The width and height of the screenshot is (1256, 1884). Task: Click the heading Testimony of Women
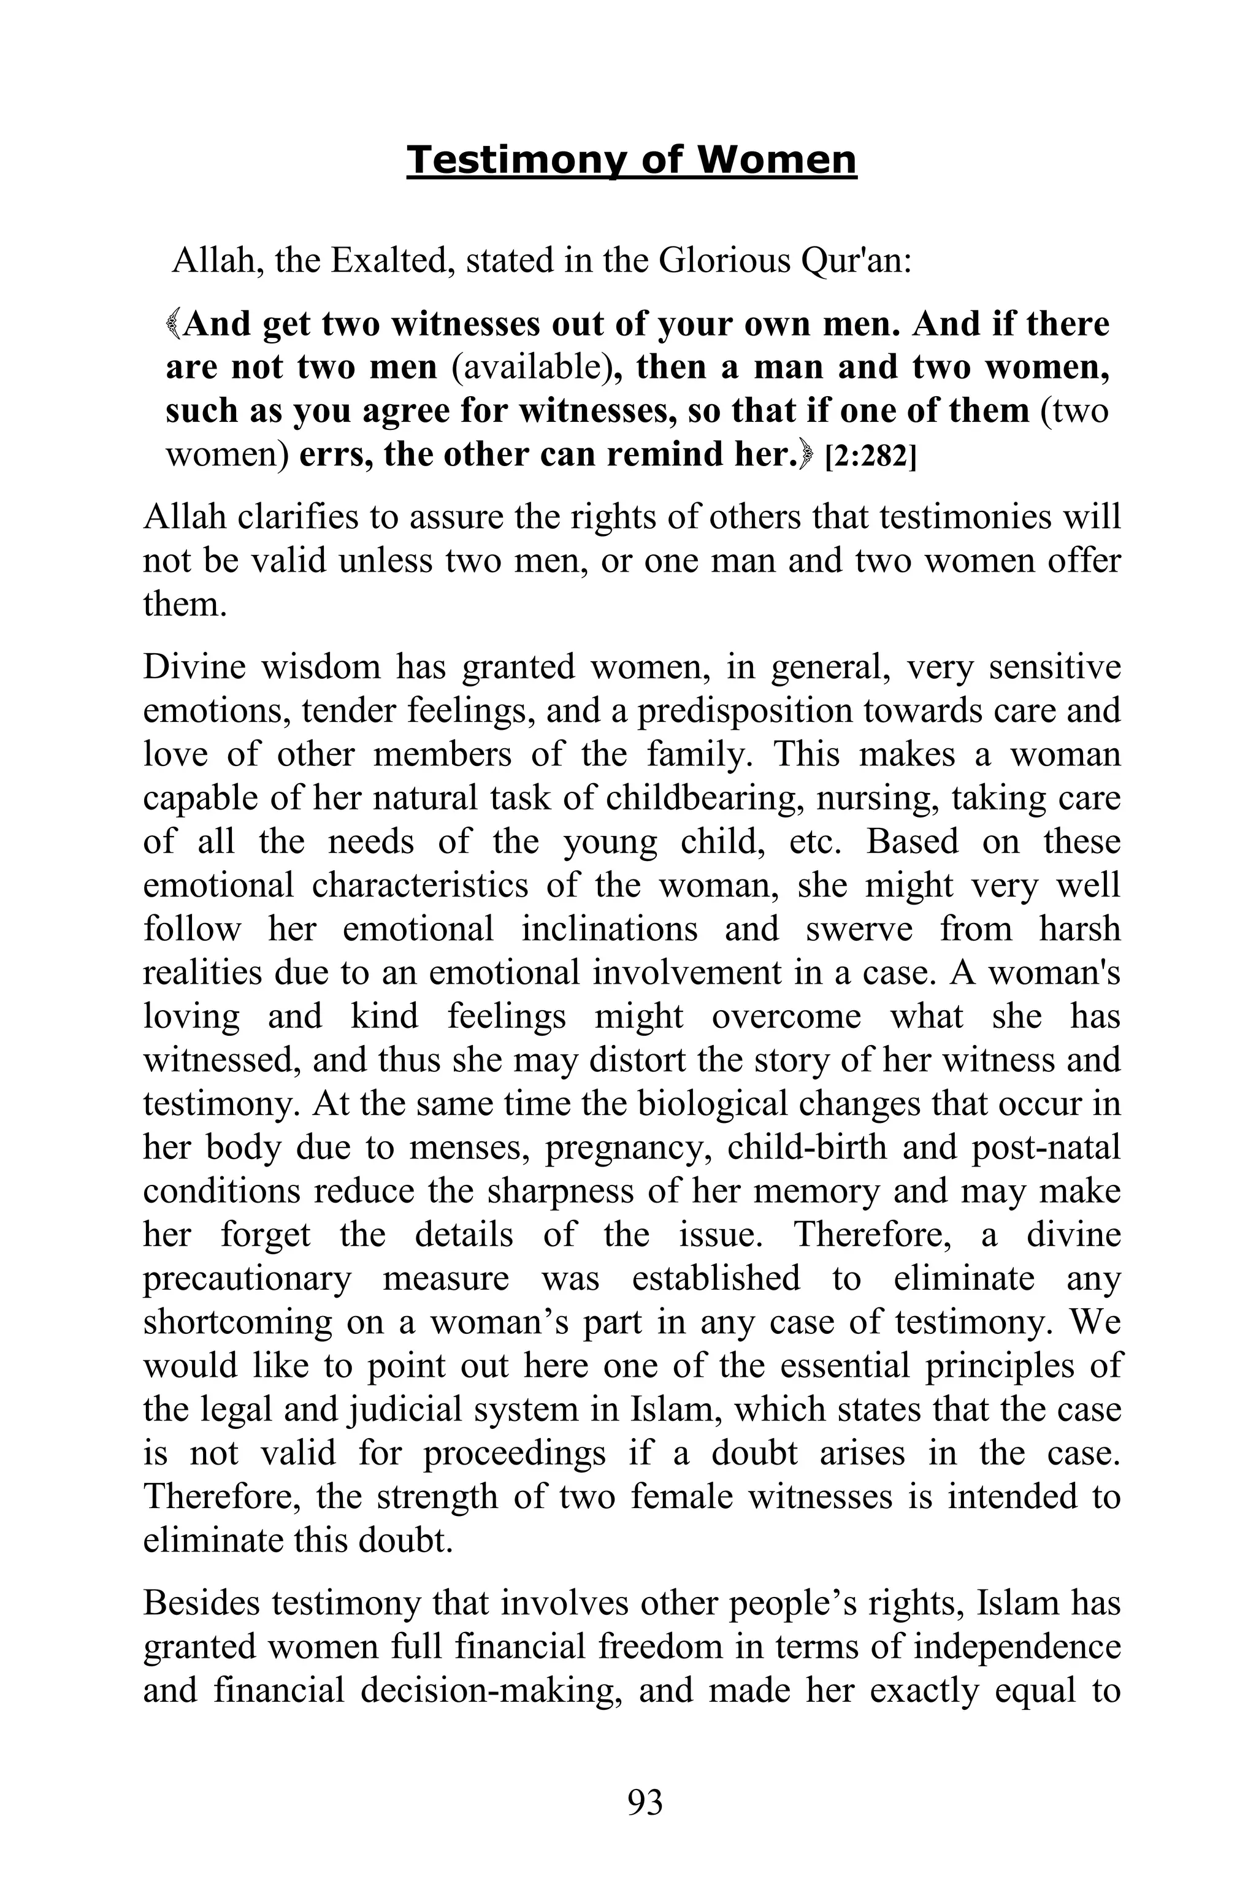(x=631, y=160)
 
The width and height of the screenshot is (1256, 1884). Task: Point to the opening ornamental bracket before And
(x=174, y=324)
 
